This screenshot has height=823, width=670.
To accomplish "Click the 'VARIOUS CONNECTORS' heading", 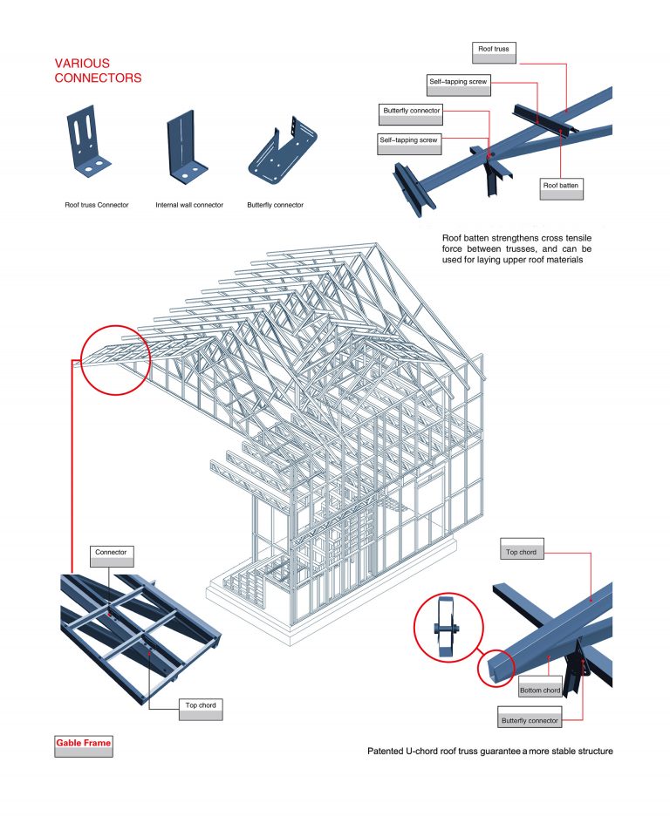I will click(x=98, y=71).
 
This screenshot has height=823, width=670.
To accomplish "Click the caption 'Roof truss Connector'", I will click(x=96, y=205).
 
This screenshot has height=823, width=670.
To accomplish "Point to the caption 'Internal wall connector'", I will click(x=189, y=205).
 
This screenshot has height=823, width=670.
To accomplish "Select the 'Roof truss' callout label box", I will click(x=494, y=50).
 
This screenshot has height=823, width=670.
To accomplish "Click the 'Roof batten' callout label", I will click(x=562, y=186).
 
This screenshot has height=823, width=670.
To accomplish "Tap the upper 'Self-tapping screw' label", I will click(x=458, y=85).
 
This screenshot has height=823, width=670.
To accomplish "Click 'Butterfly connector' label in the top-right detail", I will click(x=412, y=112).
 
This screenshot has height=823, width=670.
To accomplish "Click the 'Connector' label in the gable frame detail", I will click(x=111, y=552).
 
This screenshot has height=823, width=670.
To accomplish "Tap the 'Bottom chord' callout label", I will click(x=539, y=690).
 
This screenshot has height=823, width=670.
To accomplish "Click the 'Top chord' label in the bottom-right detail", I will click(x=521, y=553).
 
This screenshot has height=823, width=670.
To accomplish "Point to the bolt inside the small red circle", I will click(x=447, y=630).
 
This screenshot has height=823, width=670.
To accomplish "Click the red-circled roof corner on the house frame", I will click(x=114, y=359).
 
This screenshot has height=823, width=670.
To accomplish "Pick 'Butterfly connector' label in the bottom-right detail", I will click(x=530, y=721).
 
